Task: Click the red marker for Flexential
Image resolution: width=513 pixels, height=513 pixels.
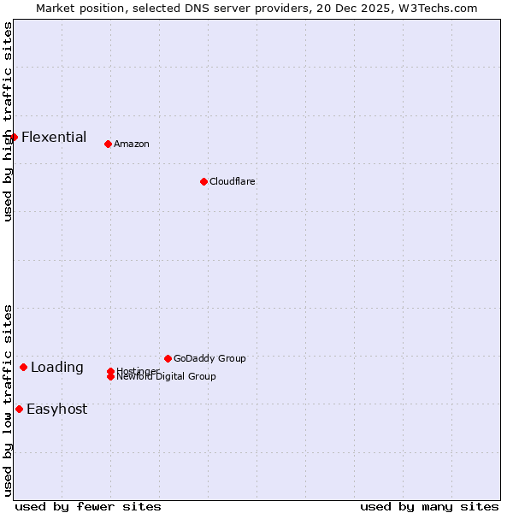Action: (x=14, y=137)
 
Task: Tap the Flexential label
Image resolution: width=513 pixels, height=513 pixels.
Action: (x=54, y=137)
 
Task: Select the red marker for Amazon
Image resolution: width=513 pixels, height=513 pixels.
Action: (x=108, y=144)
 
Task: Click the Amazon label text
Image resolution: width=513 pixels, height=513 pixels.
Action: (x=131, y=144)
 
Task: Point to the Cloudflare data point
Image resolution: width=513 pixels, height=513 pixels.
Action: (x=203, y=181)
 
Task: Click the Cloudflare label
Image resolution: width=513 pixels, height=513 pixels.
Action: (x=232, y=181)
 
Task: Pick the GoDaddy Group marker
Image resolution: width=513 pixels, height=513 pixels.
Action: (x=168, y=358)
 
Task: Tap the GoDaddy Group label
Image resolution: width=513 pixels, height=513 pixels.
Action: (x=209, y=358)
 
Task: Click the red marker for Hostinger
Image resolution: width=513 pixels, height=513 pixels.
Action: (x=111, y=371)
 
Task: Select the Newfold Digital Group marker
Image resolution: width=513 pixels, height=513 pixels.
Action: (x=111, y=377)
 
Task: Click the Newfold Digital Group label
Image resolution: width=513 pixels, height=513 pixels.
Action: (x=168, y=377)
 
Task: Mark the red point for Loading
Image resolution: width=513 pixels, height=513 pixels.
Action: (x=23, y=367)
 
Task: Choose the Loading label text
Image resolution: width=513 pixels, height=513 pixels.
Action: (x=57, y=368)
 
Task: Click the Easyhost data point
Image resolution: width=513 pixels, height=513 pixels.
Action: (x=19, y=409)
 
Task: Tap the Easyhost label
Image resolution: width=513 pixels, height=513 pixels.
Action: (x=56, y=409)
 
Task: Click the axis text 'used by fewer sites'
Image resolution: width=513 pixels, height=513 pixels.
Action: (x=88, y=506)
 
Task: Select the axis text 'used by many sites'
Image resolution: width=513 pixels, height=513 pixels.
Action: (x=429, y=506)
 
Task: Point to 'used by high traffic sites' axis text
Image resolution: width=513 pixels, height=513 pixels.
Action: (x=8, y=121)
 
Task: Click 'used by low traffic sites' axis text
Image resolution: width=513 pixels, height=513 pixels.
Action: (x=8, y=400)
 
